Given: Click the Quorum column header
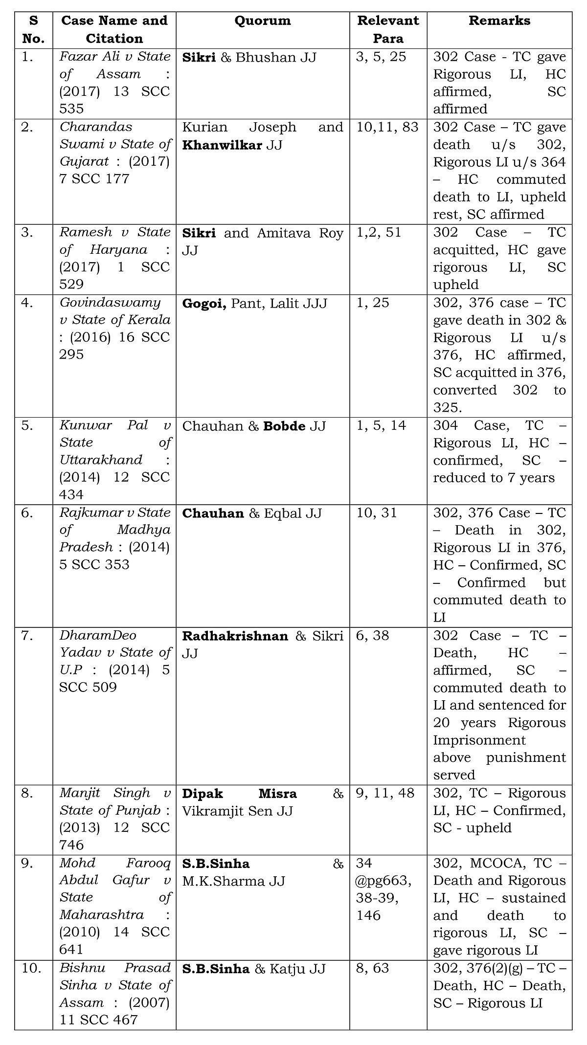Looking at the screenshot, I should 262,21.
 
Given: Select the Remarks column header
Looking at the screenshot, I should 499,21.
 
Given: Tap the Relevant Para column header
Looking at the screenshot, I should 388,29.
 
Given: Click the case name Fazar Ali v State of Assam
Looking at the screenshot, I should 114,83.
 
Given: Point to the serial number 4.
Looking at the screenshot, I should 27,303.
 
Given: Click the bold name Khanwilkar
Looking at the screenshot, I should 222,145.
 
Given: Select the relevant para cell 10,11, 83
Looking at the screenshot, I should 388,127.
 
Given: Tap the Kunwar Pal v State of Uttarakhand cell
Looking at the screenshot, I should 114,460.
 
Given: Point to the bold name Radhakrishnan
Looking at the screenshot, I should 235,636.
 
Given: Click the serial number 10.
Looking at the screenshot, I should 31,969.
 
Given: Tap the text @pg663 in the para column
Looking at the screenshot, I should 384,881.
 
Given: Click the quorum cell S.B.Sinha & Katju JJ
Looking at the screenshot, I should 254,969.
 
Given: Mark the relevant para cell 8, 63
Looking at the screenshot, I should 373,969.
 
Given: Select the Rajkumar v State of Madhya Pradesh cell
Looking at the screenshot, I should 114,538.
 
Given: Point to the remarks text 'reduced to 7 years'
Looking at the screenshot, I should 494,478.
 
